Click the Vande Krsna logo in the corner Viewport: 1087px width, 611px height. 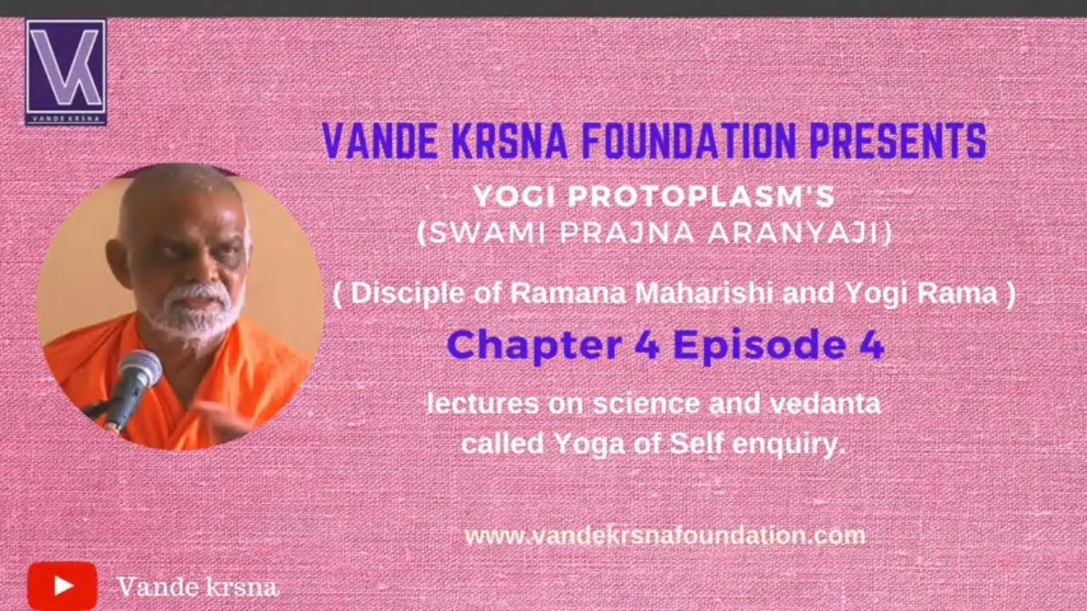[65, 72]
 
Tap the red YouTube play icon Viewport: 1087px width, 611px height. [62, 585]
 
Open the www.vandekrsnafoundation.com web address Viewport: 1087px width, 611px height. [665, 535]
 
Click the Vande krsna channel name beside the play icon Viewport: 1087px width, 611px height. [197, 586]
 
